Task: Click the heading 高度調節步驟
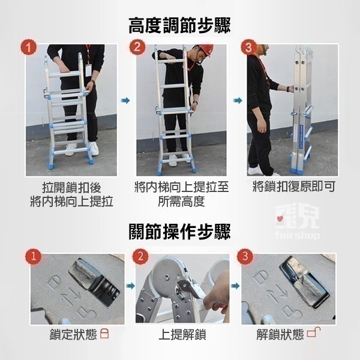tap(180, 26)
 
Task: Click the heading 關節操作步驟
tap(180, 231)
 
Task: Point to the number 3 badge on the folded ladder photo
tap(248, 47)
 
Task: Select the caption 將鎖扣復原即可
tap(293, 187)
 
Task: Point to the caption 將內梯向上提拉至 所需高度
tap(182, 194)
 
